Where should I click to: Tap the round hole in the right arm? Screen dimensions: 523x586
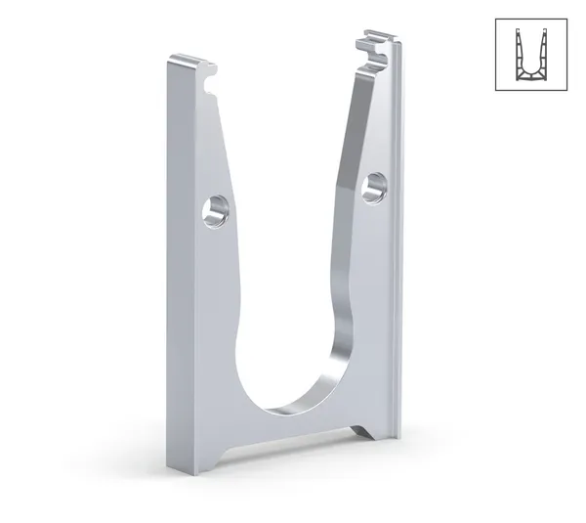372,187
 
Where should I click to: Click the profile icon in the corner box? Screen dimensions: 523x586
530,54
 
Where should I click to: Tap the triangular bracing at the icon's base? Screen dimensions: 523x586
530,74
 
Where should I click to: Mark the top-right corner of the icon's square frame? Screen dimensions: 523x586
566,19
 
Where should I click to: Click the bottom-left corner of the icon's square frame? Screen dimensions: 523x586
495,90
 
